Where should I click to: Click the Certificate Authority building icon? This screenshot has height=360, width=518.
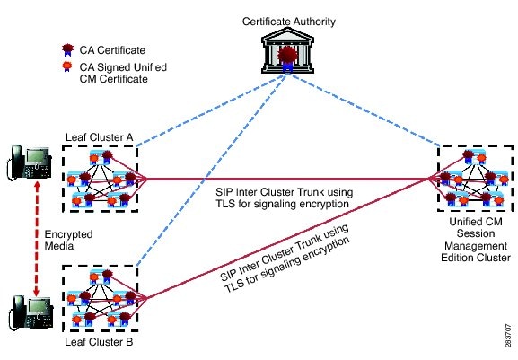pyautogui.click(x=287, y=50)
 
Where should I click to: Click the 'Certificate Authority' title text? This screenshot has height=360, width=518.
pyautogui.click(x=289, y=22)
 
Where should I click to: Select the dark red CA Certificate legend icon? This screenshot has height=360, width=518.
pyautogui.click(x=67, y=49)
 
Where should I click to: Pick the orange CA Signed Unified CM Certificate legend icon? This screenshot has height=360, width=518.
pyautogui.click(x=67, y=66)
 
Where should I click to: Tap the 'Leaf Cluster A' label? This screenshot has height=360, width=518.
pyautogui.click(x=100, y=137)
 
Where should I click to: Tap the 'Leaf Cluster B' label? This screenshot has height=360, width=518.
pyautogui.click(x=99, y=342)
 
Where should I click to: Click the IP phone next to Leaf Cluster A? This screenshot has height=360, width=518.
pyautogui.click(x=29, y=162)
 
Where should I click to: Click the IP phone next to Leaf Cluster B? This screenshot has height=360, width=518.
pyautogui.click(x=31, y=312)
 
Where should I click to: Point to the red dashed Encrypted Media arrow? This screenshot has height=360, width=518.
pyautogui.click(x=37, y=239)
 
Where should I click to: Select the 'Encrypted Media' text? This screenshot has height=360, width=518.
pyautogui.click(x=68, y=240)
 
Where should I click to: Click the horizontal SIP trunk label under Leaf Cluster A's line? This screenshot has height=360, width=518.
pyautogui.click(x=284, y=198)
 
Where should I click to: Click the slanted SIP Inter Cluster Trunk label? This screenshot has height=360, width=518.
pyautogui.click(x=285, y=259)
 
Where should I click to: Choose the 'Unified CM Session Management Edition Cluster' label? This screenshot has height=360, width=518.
pyautogui.click(x=476, y=240)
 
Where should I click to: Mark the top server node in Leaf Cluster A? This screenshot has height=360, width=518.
pyautogui.click(x=101, y=157)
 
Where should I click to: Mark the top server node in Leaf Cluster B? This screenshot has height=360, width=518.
pyautogui.click(x=101, y=277)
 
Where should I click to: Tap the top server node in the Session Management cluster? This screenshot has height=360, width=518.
pyautogui.click(x=474, y=157)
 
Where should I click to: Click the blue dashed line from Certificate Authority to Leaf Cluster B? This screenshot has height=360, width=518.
pyautogui.click(x=212, y=169)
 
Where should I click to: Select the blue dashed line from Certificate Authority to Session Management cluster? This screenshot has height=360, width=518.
pyautogui.click(x=364, y=110)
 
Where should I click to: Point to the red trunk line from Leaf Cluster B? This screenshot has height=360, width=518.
pyautogui.click(x=287, y=239)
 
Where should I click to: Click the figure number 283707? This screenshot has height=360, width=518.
pyautogui.click(x=509, y=335)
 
